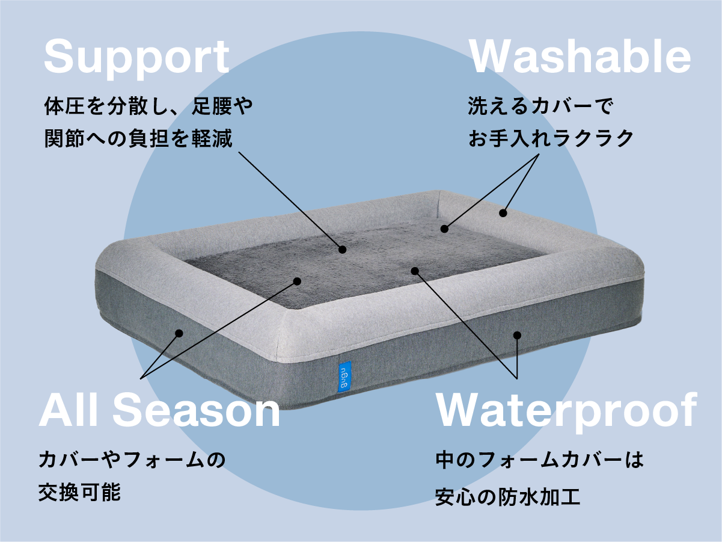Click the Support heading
click(x=136, y=57)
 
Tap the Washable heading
click(x=580, y=57)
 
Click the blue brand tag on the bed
click(x=343, y=376)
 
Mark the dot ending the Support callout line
click(x=343, y=249)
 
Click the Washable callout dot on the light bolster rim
click(x=503, y=212)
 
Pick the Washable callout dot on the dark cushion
click(x=444, y=229)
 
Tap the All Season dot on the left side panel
click(x=179, y=333)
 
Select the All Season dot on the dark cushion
click(x=297, y=280)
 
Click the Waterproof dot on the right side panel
click(x=516, y=334)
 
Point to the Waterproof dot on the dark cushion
click(x=414, y=271)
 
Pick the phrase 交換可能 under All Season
click(x=80, y=493)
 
